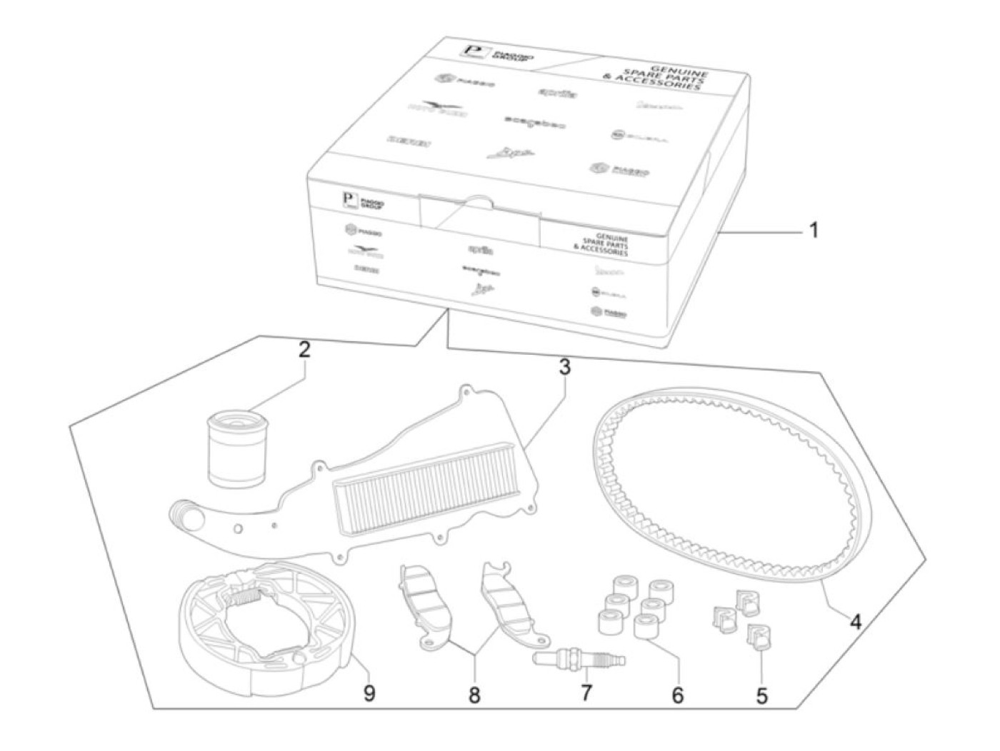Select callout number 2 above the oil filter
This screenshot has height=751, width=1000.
305,350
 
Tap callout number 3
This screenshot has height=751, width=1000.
564,368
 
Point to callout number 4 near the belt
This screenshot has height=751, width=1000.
855,621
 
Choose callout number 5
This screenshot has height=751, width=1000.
762,694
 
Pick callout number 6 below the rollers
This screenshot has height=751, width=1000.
677,694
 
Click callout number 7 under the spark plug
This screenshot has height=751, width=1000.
586,692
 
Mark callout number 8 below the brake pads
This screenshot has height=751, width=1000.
474,695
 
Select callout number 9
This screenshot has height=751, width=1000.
369,692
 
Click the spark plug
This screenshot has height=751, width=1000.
579,655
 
